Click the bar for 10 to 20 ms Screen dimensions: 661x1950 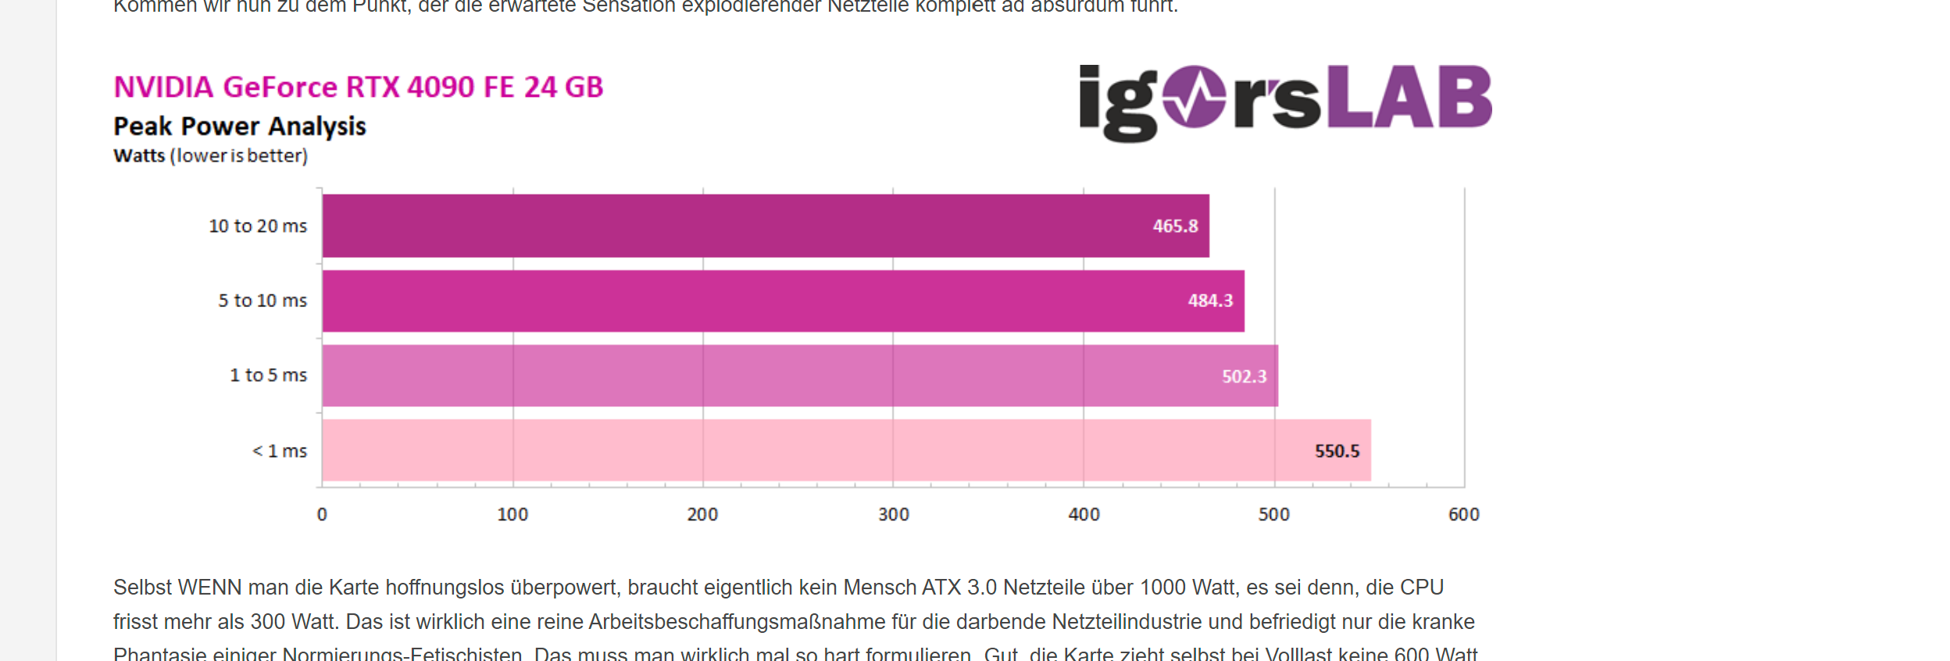point(766,226)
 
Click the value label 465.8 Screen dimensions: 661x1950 point(1175,226)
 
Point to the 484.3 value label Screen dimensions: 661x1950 point(1210,301)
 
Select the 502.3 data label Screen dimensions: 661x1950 point(1244,377)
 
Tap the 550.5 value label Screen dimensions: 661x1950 point(1337,451)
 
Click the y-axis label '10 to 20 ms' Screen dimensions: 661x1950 point(258,226)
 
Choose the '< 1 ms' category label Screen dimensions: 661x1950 point(280,451)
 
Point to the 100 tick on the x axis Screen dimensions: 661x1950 point(512,514)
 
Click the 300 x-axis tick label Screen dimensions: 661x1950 point(893,514)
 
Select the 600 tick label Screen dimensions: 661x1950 point(1463,514)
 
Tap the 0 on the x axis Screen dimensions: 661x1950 point(322,514)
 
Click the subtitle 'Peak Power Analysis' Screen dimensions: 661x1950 point(240,126)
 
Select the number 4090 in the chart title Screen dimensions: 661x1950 point(440,87)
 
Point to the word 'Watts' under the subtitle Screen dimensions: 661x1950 point(139,155)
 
